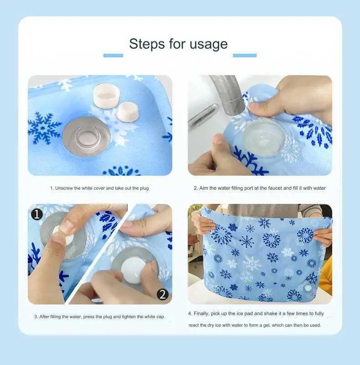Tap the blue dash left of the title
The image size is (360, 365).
point(113,56)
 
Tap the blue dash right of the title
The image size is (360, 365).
point(245,56)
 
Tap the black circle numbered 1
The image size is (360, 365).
point(37,214)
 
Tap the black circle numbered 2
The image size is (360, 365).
point(163,294)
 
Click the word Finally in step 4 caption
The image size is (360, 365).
point(201,314)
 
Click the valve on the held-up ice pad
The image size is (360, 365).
point(308,288)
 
